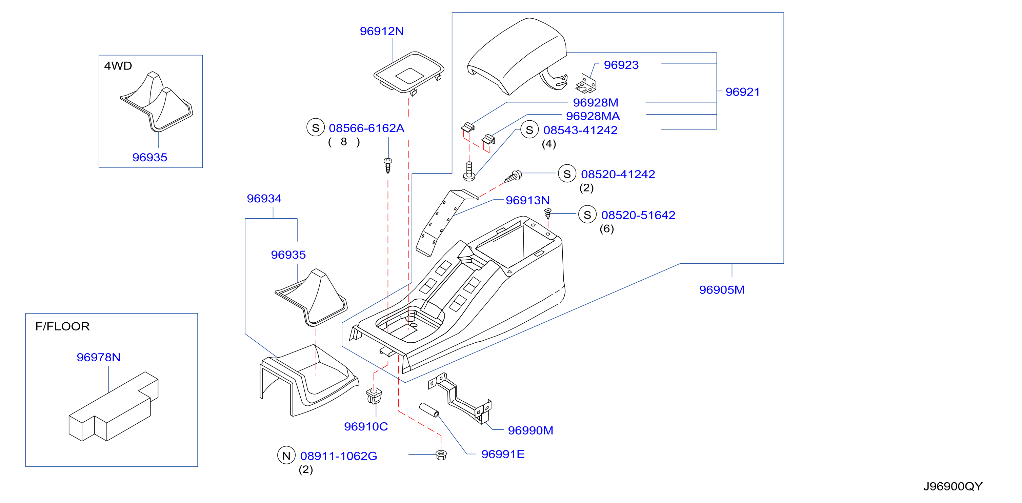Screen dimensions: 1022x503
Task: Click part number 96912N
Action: point(382,31)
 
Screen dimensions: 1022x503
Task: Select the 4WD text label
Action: point(118,66)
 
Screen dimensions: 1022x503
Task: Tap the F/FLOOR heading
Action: point(62,326)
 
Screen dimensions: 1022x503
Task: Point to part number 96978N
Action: point(98,357)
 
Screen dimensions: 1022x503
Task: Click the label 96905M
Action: point(722,290)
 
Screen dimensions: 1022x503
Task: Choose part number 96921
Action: point(743,92)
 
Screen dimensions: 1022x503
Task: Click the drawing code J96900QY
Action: point(953,486)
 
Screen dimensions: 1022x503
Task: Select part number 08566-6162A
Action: point(366,128)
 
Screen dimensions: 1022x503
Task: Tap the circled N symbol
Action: point(286,456)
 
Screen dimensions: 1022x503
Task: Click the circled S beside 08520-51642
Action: point(587,215)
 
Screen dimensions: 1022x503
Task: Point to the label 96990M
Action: point(530,430)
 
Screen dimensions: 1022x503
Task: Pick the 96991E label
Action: point(503,454)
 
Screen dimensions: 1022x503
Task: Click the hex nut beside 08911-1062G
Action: point(441,455)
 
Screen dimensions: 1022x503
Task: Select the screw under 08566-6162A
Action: point(388,165)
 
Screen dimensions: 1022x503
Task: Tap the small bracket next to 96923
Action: point(586,84)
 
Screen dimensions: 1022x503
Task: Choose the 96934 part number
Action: point(264,198)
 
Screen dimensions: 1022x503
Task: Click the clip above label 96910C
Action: point(374,396)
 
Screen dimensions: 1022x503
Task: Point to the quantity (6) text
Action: point(607,229)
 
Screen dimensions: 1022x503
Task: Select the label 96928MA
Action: point(593,116)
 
